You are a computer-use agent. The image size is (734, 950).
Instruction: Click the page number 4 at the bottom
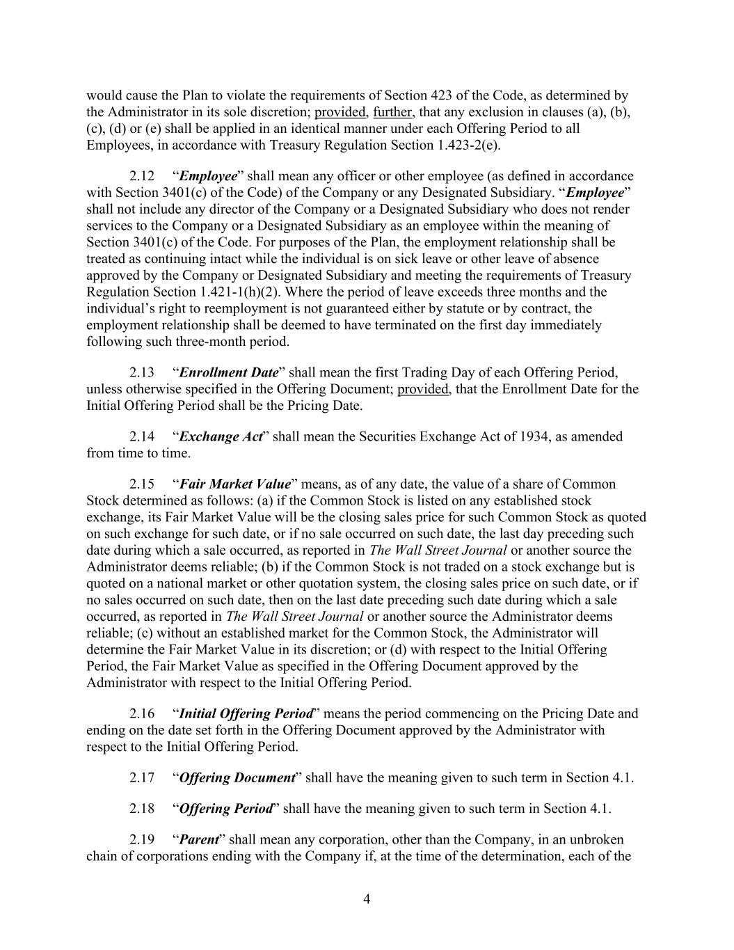coord(367,899)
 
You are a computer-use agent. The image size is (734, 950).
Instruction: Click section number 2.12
coord(142,176)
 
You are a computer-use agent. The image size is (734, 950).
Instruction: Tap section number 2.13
coord(142,372)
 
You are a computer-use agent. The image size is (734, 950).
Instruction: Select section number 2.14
coord(142,436)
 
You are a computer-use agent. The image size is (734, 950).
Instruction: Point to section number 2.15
coord(142,484)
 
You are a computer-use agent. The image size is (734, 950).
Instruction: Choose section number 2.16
coord(142,713)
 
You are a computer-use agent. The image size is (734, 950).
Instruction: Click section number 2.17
coord(142,777)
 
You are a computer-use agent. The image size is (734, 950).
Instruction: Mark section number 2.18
coord(142,808)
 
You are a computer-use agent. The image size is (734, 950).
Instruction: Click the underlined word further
coord(392,112)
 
